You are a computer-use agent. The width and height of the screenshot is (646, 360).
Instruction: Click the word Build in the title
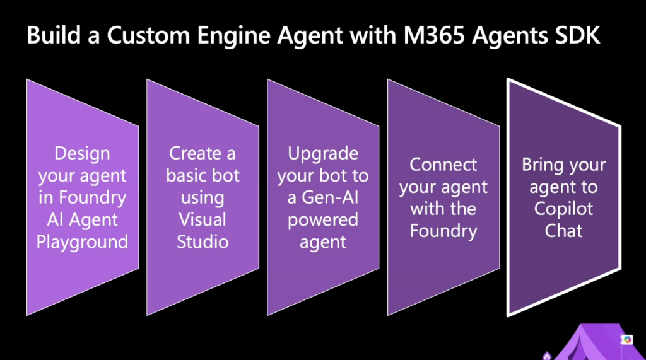click(54, 35)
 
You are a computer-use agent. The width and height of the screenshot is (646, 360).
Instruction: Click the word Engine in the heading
click(233, 36)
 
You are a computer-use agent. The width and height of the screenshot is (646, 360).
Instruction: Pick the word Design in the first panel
click(83, 154)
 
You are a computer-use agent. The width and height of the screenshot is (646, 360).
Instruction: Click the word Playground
click(83, 242)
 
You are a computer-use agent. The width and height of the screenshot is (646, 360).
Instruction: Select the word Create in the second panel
click(192, 153)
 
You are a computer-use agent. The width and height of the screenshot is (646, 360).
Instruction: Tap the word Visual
click(203, 219)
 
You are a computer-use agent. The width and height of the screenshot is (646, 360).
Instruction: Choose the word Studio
click(203, 241)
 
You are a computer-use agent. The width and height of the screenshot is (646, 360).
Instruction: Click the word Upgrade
click(322, 154)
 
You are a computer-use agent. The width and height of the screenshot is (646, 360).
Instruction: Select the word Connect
click(443, 165)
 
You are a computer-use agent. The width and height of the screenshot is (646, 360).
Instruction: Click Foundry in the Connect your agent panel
click(443, 231)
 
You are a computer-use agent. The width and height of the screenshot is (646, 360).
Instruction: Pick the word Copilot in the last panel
click(563, 209)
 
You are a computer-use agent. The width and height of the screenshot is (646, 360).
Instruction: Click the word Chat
click(563, 231)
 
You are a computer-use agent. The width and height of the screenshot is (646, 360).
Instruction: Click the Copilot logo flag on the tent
click(627, 339)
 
